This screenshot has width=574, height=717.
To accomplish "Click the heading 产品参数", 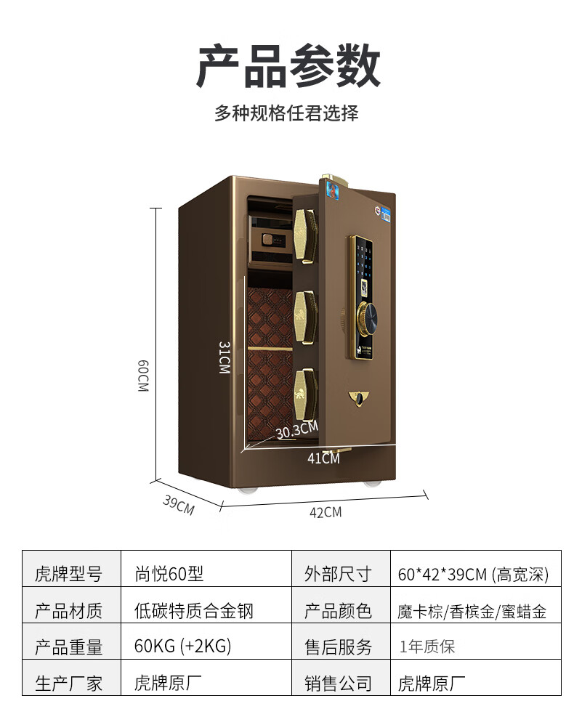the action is (288, 66).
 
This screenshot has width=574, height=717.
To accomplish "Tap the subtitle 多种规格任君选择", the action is (286, 113).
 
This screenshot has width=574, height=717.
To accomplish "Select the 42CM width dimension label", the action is (325, 512).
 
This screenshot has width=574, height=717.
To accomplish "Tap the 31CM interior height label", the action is (225, 357).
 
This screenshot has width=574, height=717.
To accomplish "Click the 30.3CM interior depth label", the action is (296, 432).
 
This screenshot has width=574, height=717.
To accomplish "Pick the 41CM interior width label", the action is (323, 458).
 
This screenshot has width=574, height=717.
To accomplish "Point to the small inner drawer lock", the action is (267, 238).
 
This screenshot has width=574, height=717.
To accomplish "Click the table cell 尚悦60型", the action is (169, 574).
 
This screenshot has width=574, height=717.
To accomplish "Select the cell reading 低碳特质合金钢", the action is (194, 610).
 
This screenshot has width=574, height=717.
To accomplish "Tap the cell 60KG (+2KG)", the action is (183, 646).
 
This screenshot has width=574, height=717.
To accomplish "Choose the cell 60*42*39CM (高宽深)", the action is (473, 575).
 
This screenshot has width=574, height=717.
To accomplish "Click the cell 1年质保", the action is (427, 646).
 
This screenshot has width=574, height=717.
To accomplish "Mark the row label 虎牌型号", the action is (69, 575).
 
